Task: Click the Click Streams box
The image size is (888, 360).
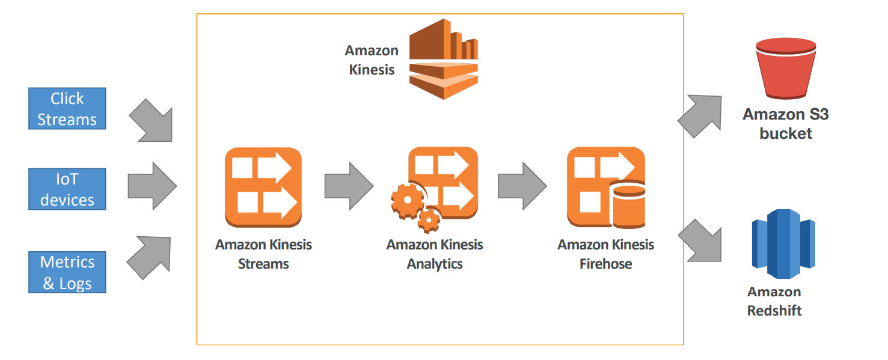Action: [67, 109]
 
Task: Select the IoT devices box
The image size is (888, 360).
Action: [67, 189]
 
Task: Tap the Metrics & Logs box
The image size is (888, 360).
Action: [67, 272]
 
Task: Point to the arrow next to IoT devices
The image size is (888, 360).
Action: [152, 186]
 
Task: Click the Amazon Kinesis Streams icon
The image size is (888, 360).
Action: [263, 187]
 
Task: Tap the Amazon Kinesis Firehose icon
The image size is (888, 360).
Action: [605, 187]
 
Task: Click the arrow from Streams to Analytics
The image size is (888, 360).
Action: [348, 186]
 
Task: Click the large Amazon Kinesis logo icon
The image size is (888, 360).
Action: [443, 59]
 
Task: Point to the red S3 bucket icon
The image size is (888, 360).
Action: [785, 70]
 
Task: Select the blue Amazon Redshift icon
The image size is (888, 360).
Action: [783, 243]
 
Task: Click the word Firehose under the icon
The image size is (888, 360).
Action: [605, 264]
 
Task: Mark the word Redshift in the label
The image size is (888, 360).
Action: [774, 311]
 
